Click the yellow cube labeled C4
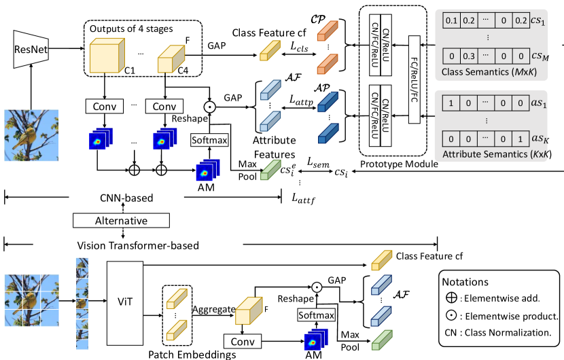[x=171, y=58]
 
